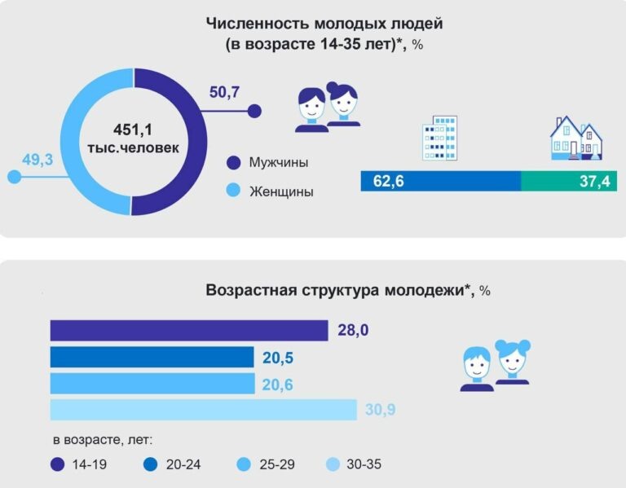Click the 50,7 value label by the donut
(223, 92)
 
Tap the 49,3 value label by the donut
(37, 159)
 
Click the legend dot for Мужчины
(233, 163)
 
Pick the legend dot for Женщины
(233, 191)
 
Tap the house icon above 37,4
(575, 136)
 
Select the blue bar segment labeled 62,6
(440, 181)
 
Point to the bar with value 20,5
(152, 357)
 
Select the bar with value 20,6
(152, 384)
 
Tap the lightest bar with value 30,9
(203, 410)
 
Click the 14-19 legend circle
(57, 465)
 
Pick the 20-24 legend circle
(150, 465)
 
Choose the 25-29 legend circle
(244, 465)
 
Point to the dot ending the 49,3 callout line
(12, 177)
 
